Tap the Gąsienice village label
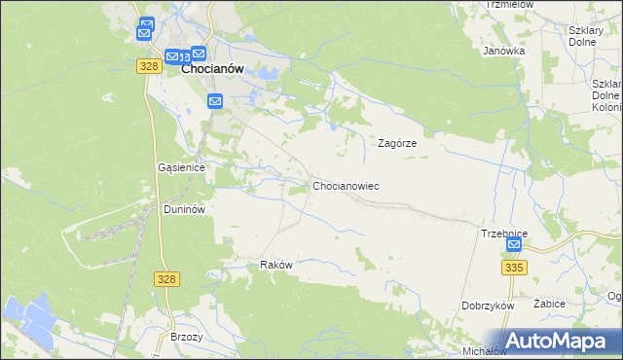pos(181,167)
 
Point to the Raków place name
pos(276,265)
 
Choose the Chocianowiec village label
pos(346,185)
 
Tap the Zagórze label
pos(397,142)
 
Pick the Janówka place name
pos(504,51)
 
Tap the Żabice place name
pos(550,304)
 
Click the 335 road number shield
pos(515,267)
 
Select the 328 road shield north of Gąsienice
pos(148,65)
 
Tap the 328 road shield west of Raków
pos(165,278)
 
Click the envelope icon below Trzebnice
pos(514,246)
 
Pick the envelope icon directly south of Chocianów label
pos(215,100)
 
